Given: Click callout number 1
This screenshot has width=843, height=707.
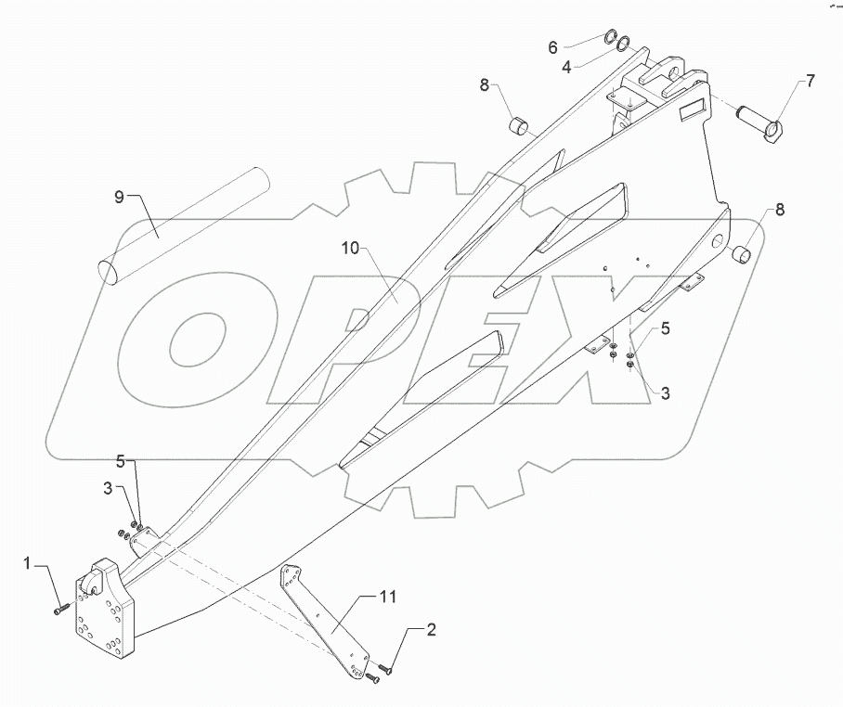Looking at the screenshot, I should pos(28,563).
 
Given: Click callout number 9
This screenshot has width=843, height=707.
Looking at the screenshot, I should pos(119,197).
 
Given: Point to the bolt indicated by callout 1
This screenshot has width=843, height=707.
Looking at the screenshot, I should pos(61,610).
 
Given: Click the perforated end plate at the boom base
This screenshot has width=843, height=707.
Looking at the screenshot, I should pos(107,612).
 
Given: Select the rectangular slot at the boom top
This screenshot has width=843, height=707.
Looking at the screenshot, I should pos(692,112).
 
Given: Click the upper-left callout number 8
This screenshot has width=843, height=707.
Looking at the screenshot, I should pos(485,86).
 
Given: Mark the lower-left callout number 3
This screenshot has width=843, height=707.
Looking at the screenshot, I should pos(108,487).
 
